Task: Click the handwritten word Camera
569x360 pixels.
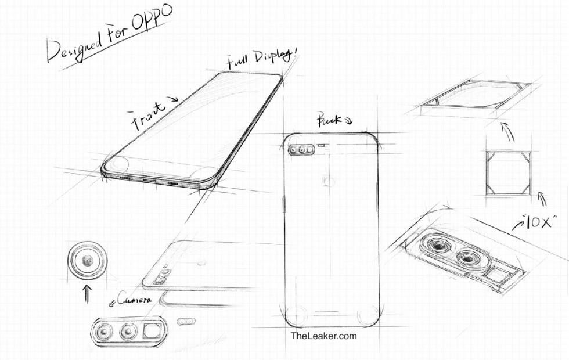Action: [134, 300]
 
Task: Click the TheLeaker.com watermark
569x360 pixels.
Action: [323, 336]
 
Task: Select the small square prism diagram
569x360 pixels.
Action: [509, 173]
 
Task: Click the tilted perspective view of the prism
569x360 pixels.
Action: [476, 96]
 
